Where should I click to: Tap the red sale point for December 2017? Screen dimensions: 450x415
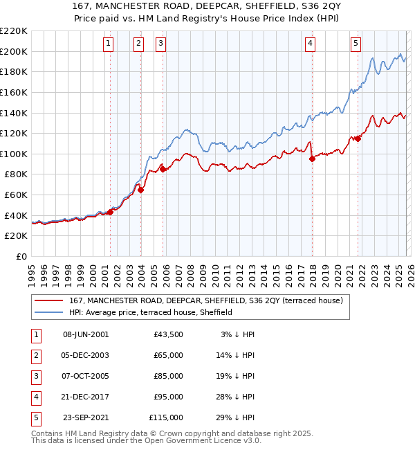[x=311, y=159]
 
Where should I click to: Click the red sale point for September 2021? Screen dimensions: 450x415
[x=358, y=138]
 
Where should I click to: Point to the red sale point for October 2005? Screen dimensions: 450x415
[x=163, y=168]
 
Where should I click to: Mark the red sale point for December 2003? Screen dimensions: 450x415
[x=140, y=190]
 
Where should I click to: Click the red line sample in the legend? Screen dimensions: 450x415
[x=50, y=300]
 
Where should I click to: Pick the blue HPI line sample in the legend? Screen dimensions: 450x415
[x=50, y=312]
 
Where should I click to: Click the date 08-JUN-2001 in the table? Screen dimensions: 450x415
[x=86, y=334]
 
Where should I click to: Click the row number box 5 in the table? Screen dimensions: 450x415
[x=34, y=417]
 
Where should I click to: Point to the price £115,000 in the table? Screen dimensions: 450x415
[x=166, y=417]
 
